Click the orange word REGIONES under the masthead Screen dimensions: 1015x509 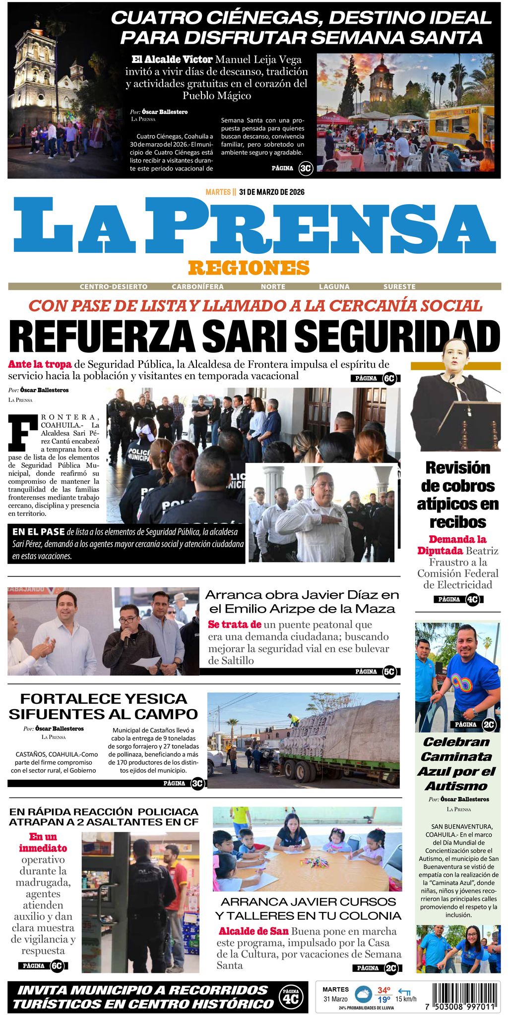pos(249,268)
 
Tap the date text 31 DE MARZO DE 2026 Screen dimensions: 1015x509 pos(271,192)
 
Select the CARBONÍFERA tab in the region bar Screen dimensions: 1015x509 pos(197,286)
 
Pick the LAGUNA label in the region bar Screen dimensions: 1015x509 pos(334,286)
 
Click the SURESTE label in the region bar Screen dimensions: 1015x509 pos(399,286)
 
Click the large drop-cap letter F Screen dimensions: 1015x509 pos(23,431)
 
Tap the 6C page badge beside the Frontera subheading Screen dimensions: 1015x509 pos(389,379)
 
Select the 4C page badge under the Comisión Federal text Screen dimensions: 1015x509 pos(472,600)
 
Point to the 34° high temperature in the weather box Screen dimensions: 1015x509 pos(383,990)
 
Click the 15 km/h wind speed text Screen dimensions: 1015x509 pos(406,999)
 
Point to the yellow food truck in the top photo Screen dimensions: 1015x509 pos(460,126)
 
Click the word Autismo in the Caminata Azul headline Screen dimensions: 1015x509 pos(456,786)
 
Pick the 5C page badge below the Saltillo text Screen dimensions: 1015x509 pos(389,672)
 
